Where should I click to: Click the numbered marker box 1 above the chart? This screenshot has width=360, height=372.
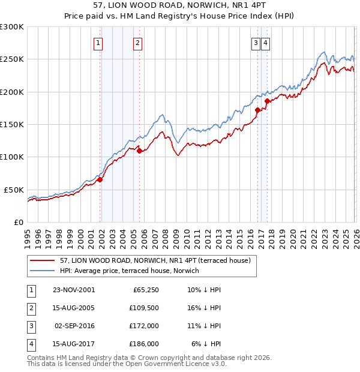(x=97, y=43)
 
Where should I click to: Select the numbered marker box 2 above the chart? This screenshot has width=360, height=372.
(x=137, y=43)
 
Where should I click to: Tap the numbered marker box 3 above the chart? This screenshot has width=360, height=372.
(x=256, y=43)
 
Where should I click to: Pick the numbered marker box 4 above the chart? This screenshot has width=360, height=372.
(x=265, y=43)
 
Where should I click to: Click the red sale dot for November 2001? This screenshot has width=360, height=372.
(x=100, y=179)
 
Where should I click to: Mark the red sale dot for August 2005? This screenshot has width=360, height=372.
(x=139, y=151)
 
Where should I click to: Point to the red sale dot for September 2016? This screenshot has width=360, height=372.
(x=257, y=110)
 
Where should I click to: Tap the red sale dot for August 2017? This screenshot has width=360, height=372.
(x=268, y=101)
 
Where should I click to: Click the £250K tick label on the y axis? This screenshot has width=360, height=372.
(x=11, y=59)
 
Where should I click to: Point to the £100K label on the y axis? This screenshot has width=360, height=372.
(x=11, y=157)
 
